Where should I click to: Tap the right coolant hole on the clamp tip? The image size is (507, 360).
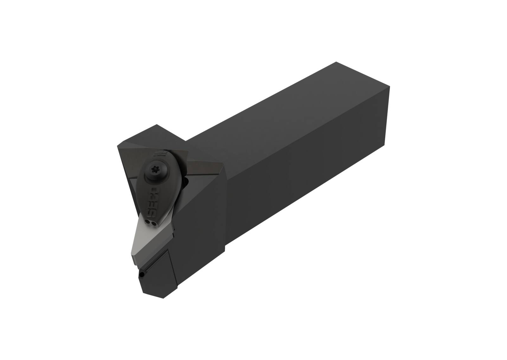[154, 224]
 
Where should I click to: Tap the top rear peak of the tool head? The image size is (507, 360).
[157, 125]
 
